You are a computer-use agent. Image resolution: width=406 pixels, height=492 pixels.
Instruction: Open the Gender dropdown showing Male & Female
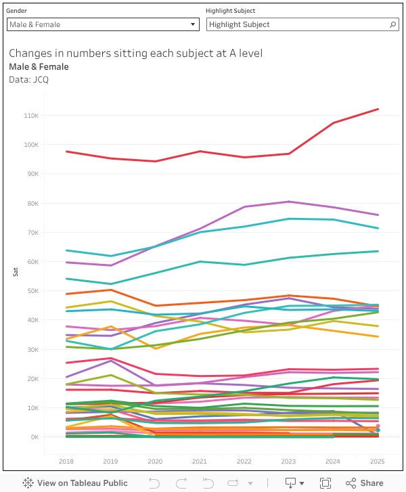pos(102,24)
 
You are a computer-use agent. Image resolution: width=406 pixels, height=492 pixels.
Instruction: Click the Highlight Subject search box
pos(298,24)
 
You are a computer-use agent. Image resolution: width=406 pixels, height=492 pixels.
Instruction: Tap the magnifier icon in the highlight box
pos(393,24)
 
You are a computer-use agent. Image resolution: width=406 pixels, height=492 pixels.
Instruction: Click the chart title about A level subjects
pos(135,53)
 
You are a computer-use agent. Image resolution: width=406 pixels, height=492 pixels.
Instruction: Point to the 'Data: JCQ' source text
pos(28,79)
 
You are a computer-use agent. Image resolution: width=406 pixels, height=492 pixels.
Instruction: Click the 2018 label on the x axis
pos(66,461)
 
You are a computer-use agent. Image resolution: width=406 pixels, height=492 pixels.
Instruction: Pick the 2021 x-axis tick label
pos(200,461)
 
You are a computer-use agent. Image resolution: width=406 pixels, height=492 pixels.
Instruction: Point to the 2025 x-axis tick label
pos(378,461)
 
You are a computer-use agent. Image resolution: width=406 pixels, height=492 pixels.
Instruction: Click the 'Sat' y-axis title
pos(16,271)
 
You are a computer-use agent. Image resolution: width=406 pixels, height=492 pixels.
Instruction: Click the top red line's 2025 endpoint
pos(378,109)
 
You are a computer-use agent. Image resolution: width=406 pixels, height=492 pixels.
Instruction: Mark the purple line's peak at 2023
pos(289,202)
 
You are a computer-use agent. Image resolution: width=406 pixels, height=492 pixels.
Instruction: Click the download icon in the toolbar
pos(291,483)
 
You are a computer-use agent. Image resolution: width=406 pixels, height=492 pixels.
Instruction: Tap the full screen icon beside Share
pos(325,483)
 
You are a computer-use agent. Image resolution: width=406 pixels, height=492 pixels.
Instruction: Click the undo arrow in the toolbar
pos(154,483)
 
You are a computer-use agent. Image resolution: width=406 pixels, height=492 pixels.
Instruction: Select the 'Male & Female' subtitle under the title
pos(39,66)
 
